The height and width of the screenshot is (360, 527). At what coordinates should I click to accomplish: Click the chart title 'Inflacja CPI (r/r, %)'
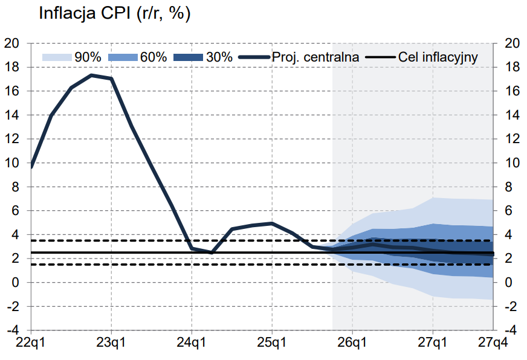click(x=115, y=14)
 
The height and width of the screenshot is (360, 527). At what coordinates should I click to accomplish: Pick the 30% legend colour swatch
click(x=188, y=57)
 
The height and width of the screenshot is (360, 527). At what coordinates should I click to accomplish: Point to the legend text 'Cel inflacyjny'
click(x=438, y=57)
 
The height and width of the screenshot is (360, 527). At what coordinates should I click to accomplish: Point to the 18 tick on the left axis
click(x=12, y=67)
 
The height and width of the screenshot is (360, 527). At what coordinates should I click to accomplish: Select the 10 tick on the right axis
click(x=512, y=163)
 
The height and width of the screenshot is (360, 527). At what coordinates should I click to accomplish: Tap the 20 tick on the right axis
click(x=512, y=43)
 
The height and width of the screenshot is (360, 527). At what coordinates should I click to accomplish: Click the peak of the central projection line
click(x=91, y=75)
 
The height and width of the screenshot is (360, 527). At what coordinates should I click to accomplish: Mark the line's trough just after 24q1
click(x=212, y=252)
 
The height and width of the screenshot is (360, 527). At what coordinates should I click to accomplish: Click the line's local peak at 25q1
click(x=272, y=223)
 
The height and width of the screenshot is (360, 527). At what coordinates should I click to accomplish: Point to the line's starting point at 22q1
click(x=31, y=166)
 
